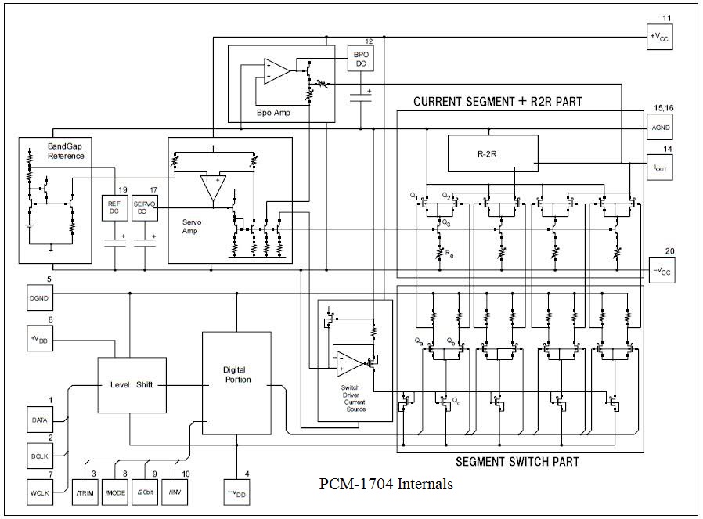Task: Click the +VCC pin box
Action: pos(660,36)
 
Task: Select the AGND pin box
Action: pos(660,127)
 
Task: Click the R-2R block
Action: pos(492,154)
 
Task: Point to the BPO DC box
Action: pos(361,59)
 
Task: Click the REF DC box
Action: pos(114,207)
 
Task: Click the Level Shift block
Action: pos(132,384)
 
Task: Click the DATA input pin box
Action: pos(40,420)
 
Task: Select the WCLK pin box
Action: pos(40,493)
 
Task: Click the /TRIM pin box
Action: pos(85,492)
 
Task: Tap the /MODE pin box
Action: pos(115,492)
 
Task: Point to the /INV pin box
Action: pos(175,492)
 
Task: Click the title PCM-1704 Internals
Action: pos(386,484)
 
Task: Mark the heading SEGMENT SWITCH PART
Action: pos(517,462)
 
